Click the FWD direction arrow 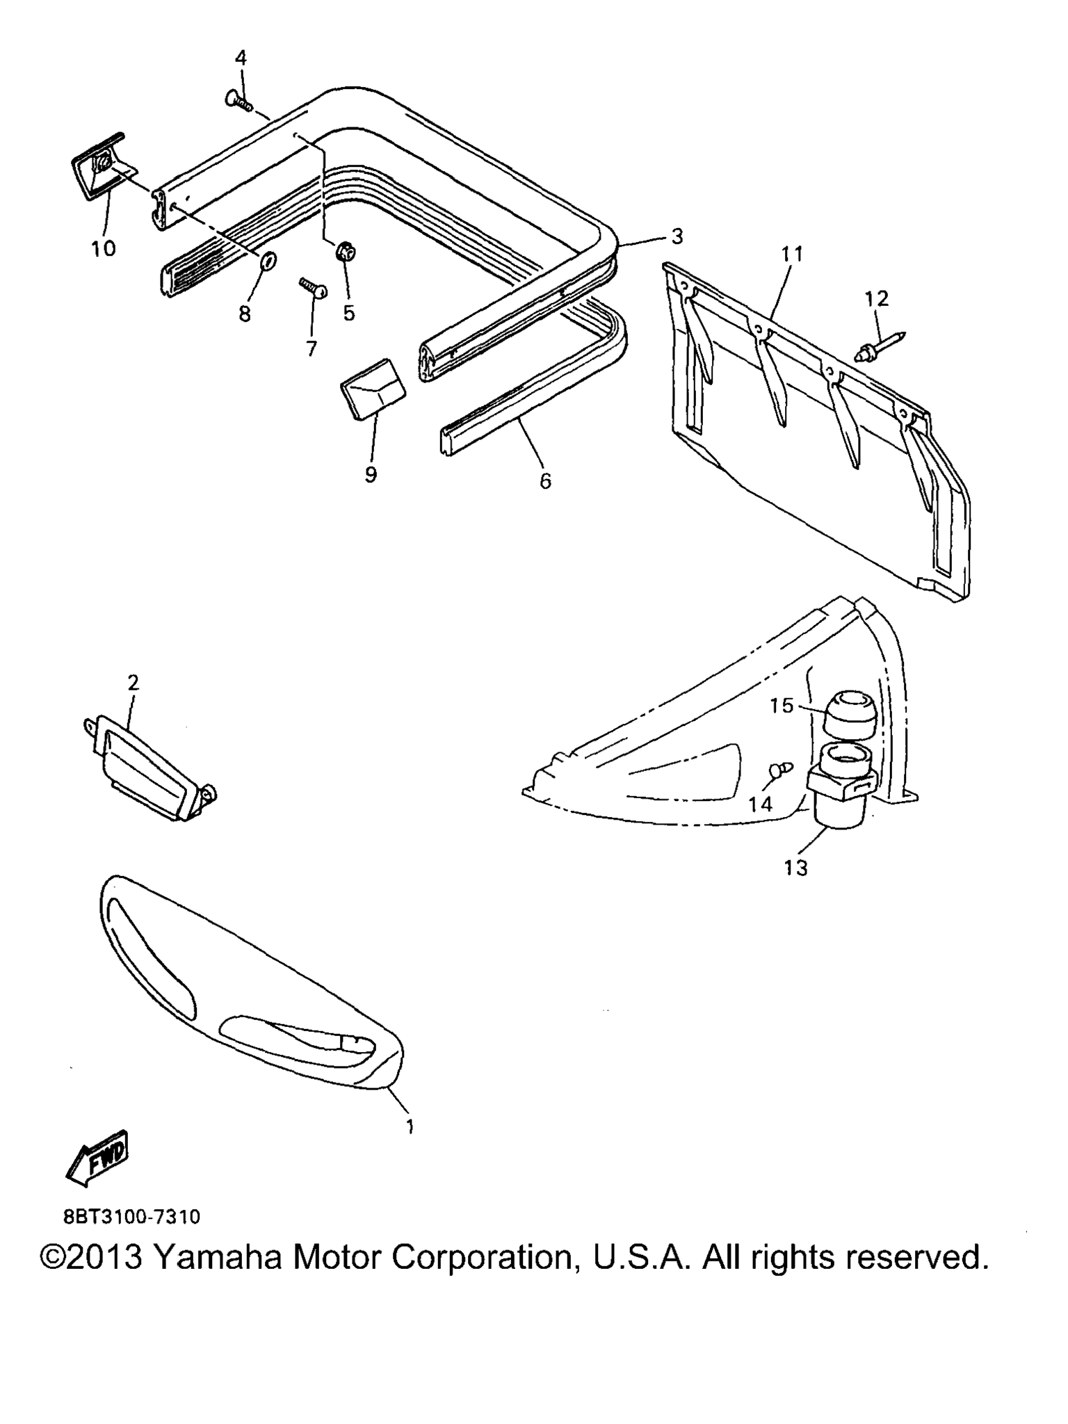[97, 1158]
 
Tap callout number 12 [877, 299]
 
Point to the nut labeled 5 [343, 251]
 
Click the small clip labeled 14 [779, 770]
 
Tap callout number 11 [791, 254]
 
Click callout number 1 [410, 1126]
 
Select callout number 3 [677, 236]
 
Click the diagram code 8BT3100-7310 [131, 1217]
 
